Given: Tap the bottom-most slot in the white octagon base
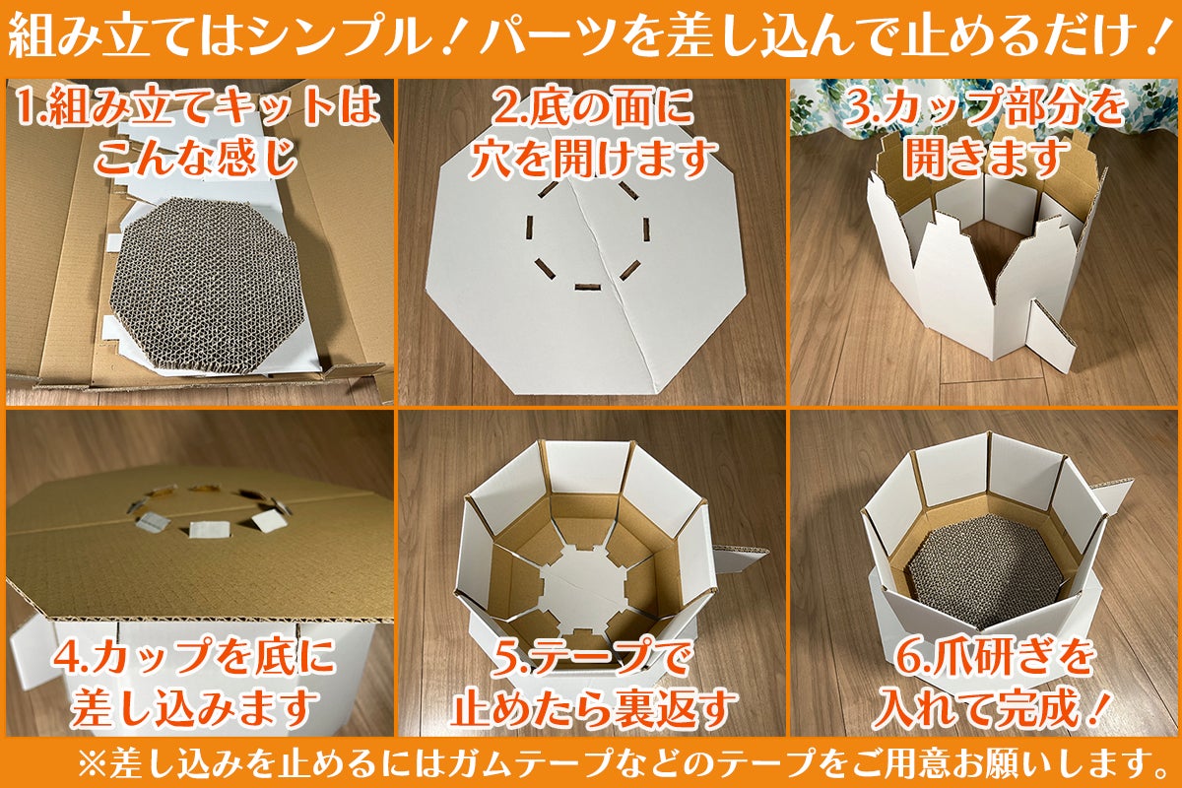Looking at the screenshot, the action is click(x=585, y=287).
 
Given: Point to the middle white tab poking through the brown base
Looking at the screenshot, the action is click(x=209, y=529).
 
